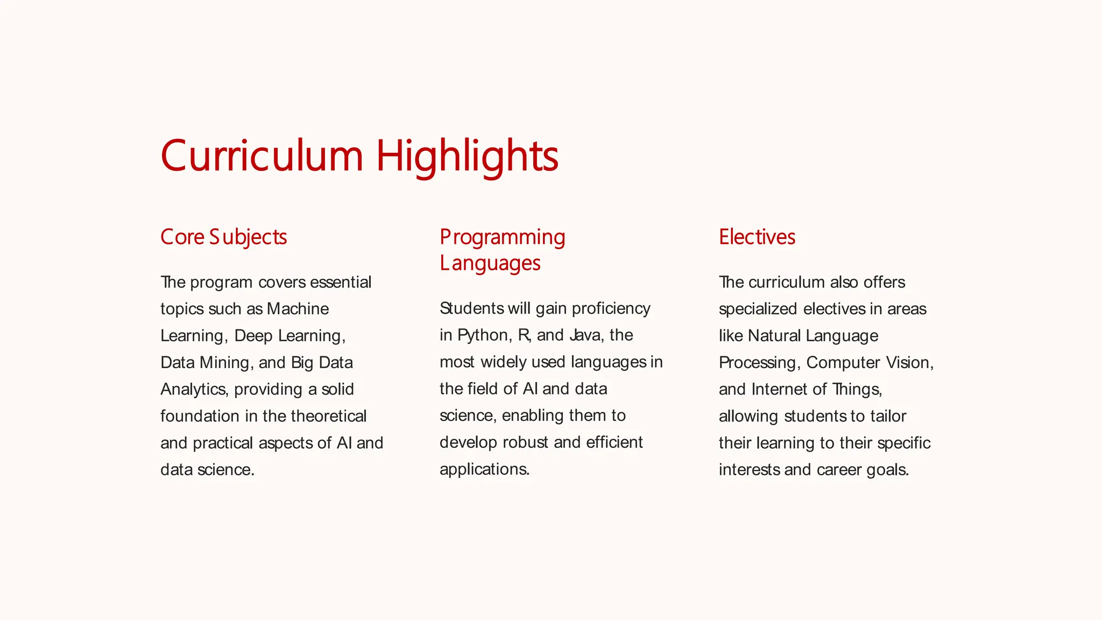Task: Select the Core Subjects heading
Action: (223, 237)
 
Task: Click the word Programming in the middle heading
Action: (502, 237)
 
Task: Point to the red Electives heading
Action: (757, 237)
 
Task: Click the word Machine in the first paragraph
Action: (298, 309)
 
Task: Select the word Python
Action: (483, 335)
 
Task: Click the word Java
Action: (586, 335)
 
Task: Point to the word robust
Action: (525, 442)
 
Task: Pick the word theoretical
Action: (328, 416)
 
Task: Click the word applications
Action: (484, 469)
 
